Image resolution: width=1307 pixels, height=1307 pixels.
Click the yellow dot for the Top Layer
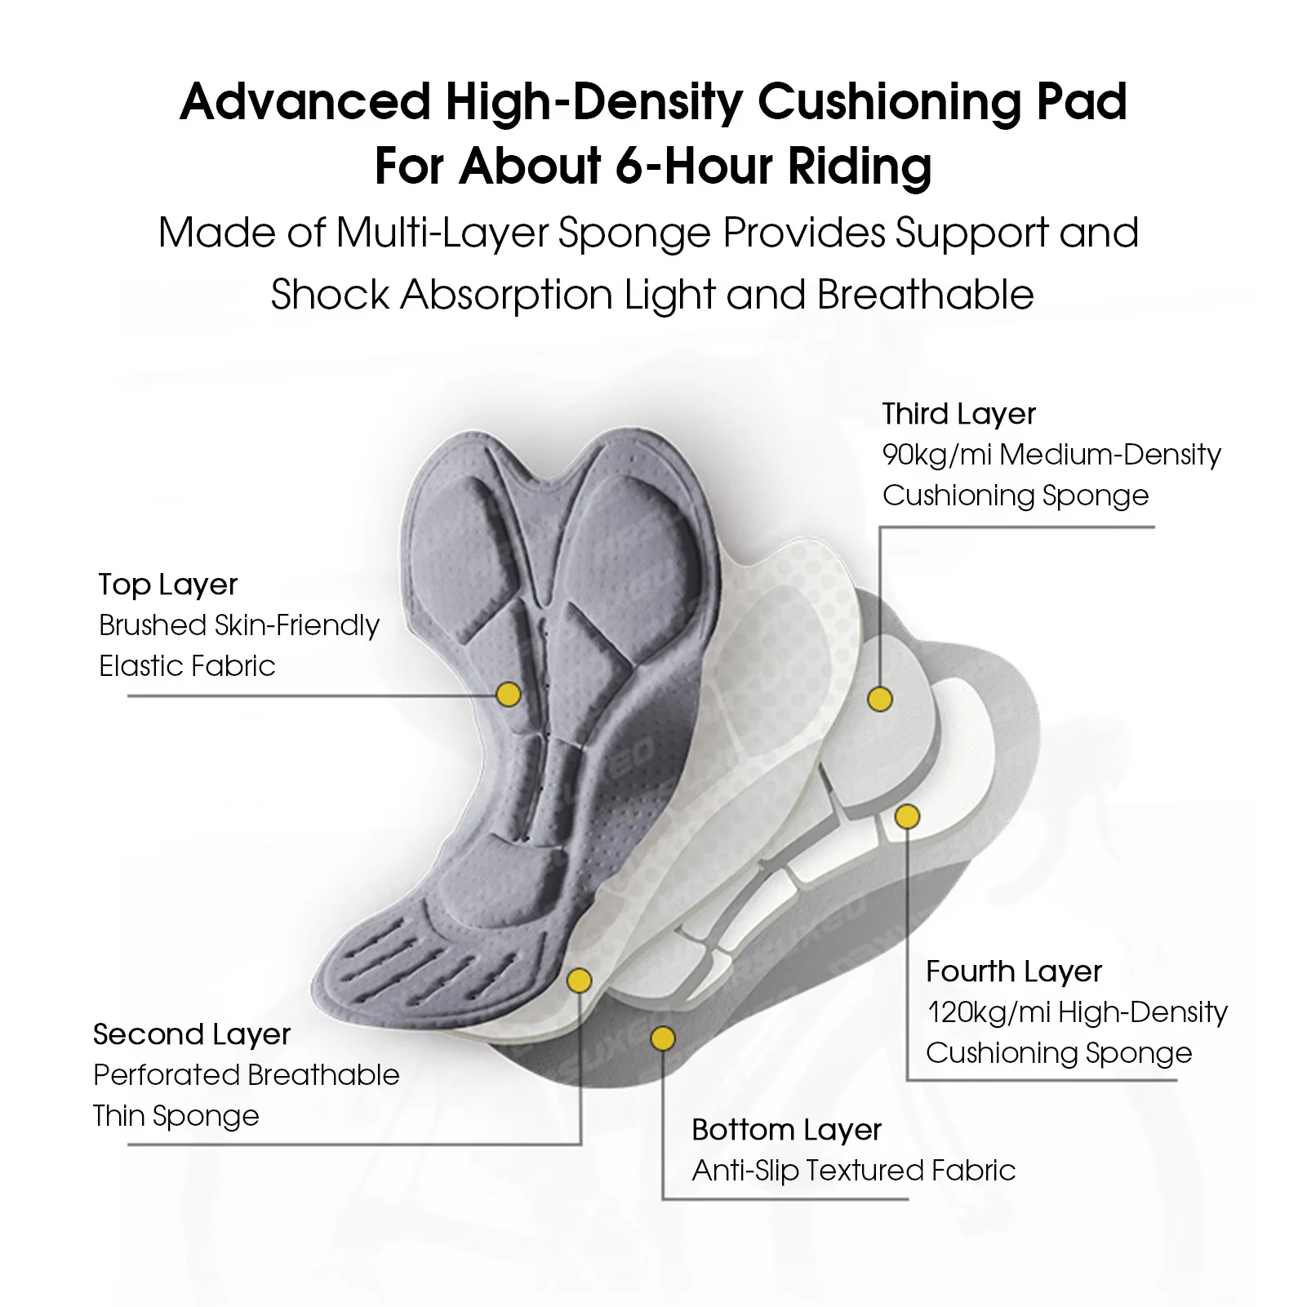(x=509, y=695)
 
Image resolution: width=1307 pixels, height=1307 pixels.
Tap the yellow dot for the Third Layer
(x=880, y=700)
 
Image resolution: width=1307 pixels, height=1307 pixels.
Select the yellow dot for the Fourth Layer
(x=907, y=816)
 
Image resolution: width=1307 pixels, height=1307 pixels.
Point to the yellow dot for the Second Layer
(x=579, y=980)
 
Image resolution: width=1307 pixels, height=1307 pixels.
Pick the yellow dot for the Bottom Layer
(x=663, y=1038)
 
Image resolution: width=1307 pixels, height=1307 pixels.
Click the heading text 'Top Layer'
(x=167, y=585)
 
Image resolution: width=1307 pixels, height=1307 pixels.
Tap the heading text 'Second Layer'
(x=192, y=1034)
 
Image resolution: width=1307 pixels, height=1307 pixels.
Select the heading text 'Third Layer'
(x=958, y=414)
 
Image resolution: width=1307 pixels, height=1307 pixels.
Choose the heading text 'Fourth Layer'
(x=1014, y=971)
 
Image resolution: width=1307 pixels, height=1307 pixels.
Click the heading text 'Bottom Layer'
(x=786, y=1130)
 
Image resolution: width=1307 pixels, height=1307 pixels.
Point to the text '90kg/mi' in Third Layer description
(x=936, y=455)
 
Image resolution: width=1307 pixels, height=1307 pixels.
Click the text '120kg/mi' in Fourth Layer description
(x=988, y=1012)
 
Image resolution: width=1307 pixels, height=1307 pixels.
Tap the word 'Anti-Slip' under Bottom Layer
(x=745, y=1171)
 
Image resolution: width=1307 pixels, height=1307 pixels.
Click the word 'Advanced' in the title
(x=305, y=102)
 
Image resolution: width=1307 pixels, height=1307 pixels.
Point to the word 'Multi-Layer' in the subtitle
(x=442, y=233)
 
